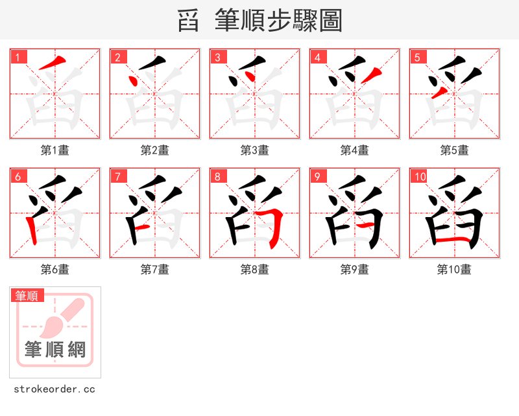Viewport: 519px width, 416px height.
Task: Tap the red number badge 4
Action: coord(318,57)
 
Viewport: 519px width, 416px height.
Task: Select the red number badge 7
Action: coord(118,176)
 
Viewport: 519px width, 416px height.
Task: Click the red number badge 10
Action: coord(420,176)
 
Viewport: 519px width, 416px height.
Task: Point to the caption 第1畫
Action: coord(55,150)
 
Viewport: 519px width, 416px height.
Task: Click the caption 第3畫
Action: coord(255,150)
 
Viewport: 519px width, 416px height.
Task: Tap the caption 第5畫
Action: coord(455,150)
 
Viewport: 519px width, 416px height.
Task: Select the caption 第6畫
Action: coord(55,270)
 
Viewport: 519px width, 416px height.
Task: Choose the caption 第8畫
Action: coord(255,270)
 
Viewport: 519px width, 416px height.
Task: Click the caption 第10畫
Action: coord(455,270)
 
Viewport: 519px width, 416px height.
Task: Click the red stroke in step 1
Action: coord(53,64)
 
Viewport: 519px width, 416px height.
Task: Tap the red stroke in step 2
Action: coord(133,82)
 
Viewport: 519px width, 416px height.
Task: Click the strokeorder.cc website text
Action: coord(54,389)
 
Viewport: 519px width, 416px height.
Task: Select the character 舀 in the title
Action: coord(188,21)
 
